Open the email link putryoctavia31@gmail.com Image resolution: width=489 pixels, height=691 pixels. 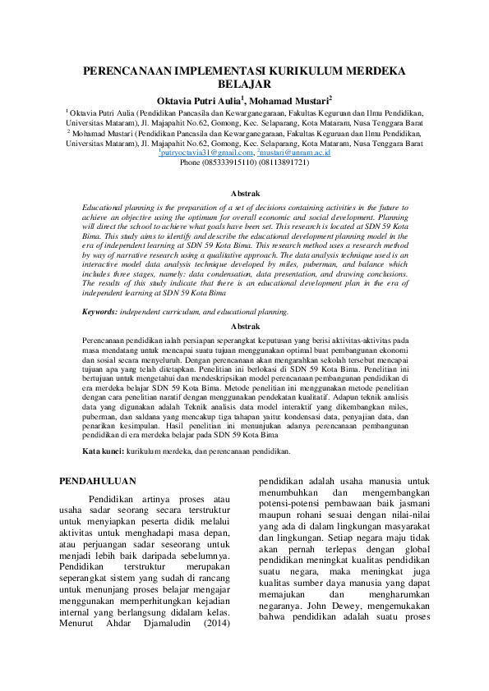205,153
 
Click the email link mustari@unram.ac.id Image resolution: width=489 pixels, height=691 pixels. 293,153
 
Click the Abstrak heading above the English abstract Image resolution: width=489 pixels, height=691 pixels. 244,193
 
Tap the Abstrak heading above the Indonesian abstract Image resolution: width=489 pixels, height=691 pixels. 244,326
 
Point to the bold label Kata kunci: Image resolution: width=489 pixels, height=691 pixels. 104,451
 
